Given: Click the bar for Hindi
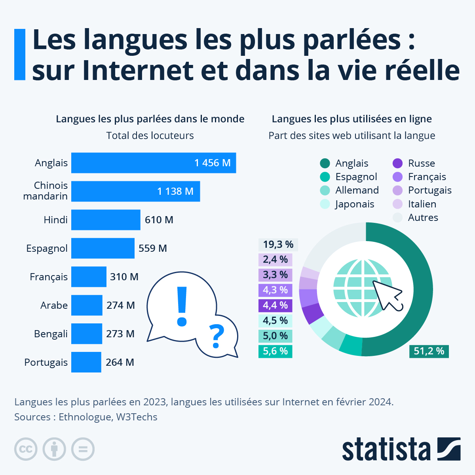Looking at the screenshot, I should pyautogui.click(x=106, y=220).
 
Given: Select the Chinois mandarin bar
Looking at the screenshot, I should pyautogui.click(x=135, y=191).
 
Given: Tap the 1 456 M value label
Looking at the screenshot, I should pyautogui.click(x=213, y=163).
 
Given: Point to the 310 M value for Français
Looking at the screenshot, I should pyautogui.click(x=124, y=277).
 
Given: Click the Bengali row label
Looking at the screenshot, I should pyautogui.click(x=51, y=334).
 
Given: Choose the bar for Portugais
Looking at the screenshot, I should pyautogui.click(x=86, y=362).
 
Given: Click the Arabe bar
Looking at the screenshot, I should pyautogui.click(x=87, y=305).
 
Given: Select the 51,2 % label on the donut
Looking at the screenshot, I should pyautogui.click(x=429, y=351).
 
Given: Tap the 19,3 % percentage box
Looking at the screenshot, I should pyautogui.click(x=278, y=245).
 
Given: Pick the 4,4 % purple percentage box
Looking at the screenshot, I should pyautogui.click(x=275, y=305).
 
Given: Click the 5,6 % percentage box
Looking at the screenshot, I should pyautogui.click(x=275, y=351).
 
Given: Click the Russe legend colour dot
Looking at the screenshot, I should pyautogui.click(x=397, y=163).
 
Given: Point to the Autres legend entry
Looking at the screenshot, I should pyautogui.click(x=423, y=218).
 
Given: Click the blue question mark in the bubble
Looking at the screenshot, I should pyautogui.click(x=216, y=336).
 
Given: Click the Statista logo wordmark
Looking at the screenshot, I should pyautogui.click(x=386, y=450).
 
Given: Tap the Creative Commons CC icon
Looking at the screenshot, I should pyautogui.click(x=26, y=449).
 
